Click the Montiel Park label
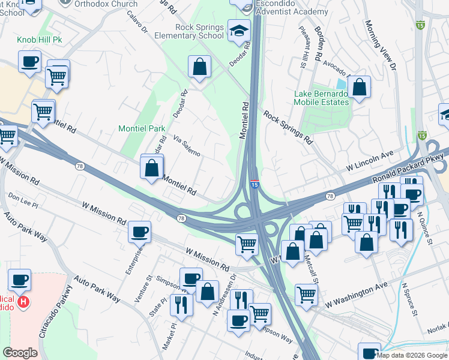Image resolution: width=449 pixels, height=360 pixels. point(141,128)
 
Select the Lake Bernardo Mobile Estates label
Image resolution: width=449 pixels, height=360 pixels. point(321,98)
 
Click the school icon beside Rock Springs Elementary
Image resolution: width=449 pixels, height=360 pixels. point(239,31)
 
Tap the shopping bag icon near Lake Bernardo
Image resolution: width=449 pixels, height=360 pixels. point(359,87)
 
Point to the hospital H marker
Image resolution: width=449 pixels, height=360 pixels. point(23,301)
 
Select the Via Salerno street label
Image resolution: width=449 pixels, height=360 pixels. point(186,146)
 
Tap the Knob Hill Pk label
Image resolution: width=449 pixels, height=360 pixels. point(40,40)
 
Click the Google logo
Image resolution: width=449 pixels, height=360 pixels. point(20,352)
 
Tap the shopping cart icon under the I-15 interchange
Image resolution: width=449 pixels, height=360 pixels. point(247,244)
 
